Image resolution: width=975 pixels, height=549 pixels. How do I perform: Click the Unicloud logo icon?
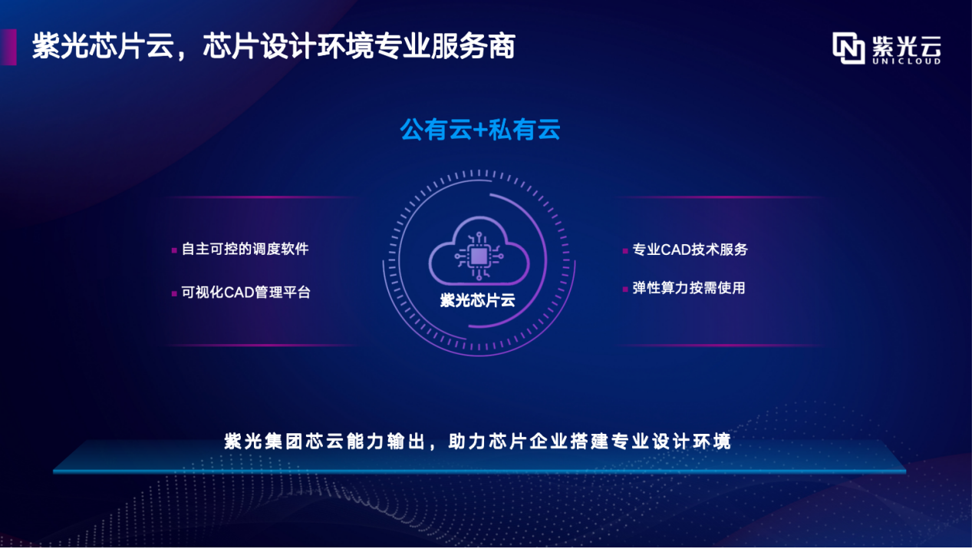tap(848, 48)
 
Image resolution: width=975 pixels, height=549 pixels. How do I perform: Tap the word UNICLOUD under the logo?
tap(907, 61)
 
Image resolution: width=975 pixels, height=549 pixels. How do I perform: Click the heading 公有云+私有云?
tap(480, 130)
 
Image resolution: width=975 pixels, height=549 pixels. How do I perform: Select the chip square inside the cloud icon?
tap(479, 256)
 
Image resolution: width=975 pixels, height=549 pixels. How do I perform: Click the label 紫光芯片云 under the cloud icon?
tap(477, 300)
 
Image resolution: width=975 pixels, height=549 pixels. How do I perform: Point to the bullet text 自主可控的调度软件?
tap(245, 250)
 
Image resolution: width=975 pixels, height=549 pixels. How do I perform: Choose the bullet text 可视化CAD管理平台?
tap(246, 293)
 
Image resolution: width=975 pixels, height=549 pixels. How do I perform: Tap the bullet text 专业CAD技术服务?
tap(690, 250)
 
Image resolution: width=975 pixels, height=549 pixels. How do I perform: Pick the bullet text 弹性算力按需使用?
tap(689, 288)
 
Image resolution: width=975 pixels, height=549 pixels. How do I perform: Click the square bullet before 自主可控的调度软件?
tap(174, 250)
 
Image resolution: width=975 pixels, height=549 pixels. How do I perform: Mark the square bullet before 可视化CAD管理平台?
tap(174, 293)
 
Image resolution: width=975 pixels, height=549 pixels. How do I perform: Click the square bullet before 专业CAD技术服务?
tap(625, 251)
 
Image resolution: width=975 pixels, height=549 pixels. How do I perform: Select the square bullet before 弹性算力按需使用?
tap(625, 289)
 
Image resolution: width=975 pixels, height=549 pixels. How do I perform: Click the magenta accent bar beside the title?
tap(8, 47)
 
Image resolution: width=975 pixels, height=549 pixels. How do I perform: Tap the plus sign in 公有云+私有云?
tap(480, 131)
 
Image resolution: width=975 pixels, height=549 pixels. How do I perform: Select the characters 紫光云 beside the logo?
tap(907, 46)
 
